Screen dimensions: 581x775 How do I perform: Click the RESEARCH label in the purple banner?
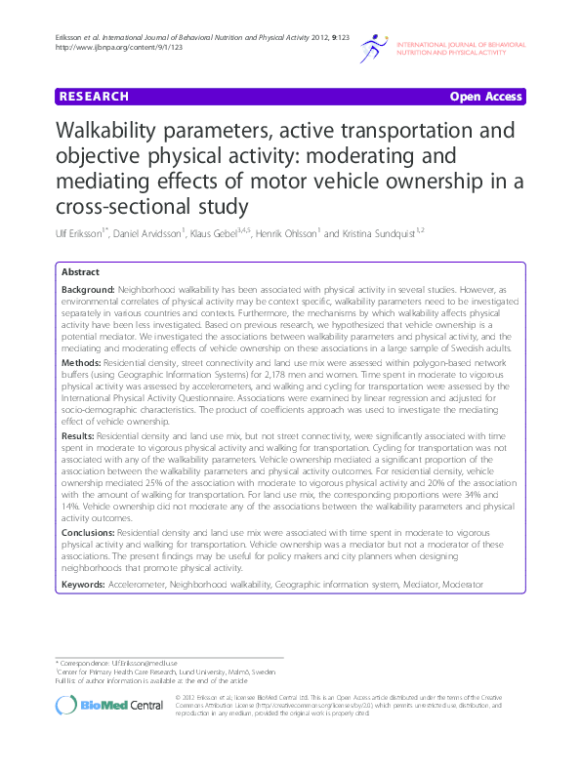coord(94,97)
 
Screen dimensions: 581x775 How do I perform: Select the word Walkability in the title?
coord(108,132)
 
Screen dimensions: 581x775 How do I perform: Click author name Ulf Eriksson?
coord(80,235)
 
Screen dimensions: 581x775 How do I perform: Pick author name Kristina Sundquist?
coord(377,235)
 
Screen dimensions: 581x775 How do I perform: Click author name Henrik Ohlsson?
coord(289,235)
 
